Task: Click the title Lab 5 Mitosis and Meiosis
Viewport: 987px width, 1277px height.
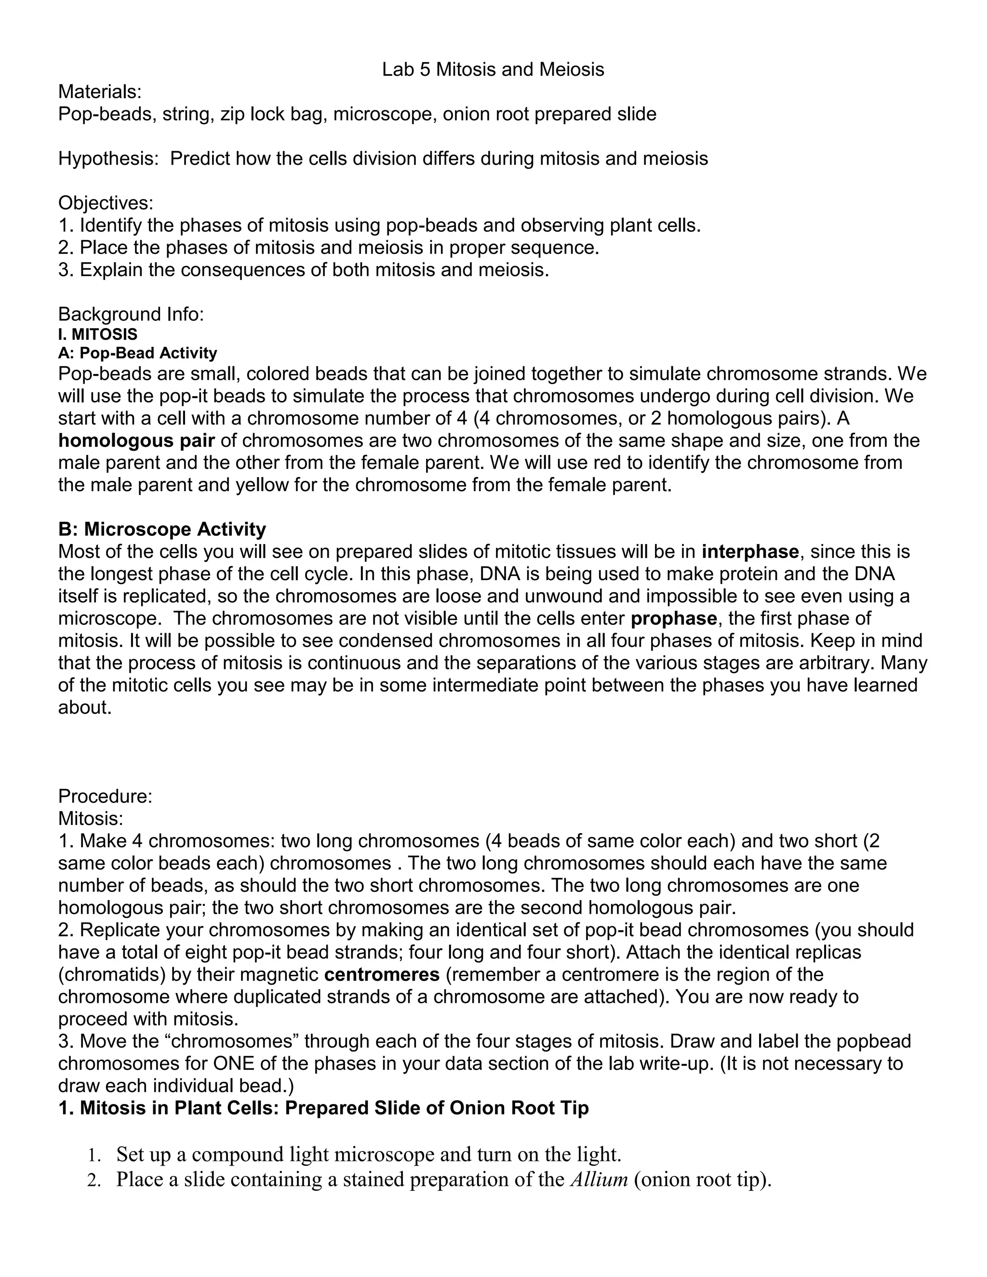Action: pyautogui.click(x=493, y=69)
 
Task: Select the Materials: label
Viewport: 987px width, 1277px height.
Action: pyautogui.click(x=100, y=92)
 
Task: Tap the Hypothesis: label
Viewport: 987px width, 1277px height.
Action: pyautogui.click(x=109, y=159)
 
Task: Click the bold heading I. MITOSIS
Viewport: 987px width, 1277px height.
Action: pyautogui.click(x=98, y=334)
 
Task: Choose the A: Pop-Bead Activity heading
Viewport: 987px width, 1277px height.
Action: pyautogui.click(x=137, y=353)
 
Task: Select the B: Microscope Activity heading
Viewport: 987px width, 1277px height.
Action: pyautogui.click(x=162, y=529)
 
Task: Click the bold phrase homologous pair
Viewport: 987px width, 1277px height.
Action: pyautogui.click(x=136, y=440)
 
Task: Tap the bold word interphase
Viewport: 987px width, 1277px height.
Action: pyautogui.click(x=750, y=551)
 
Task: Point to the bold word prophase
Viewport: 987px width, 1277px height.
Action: pyautogui.click(x=674, y=618)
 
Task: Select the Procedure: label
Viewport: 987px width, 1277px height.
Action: pyautogui.click(x=105, y=796)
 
